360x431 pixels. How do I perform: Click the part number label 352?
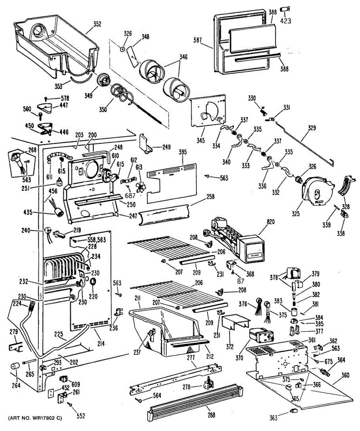click(97, 25)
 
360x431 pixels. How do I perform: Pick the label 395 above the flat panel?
click(182, 152)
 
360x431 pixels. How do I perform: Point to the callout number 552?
click(81, 416)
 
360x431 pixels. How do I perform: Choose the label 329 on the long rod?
click(313, 128)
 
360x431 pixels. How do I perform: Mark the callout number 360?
click(345, 375)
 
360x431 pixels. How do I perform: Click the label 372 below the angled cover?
click(230, 347)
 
